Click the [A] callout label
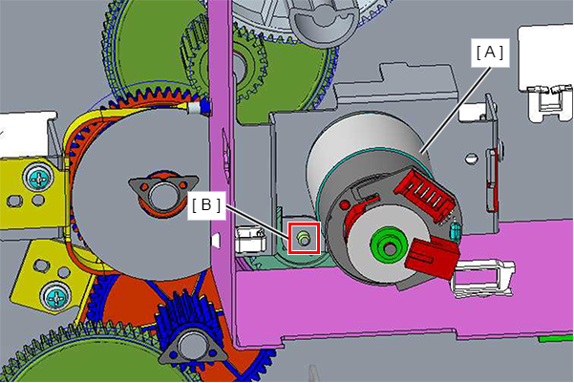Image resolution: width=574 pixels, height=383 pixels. tap(490, 53)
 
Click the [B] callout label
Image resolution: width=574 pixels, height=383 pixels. tap(206, 205)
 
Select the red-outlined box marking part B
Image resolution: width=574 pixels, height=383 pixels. tap(305, 238)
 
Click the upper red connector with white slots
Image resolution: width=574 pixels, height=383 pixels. tap(426, 194)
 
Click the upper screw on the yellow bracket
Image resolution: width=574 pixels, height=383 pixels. tap(38, 179)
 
